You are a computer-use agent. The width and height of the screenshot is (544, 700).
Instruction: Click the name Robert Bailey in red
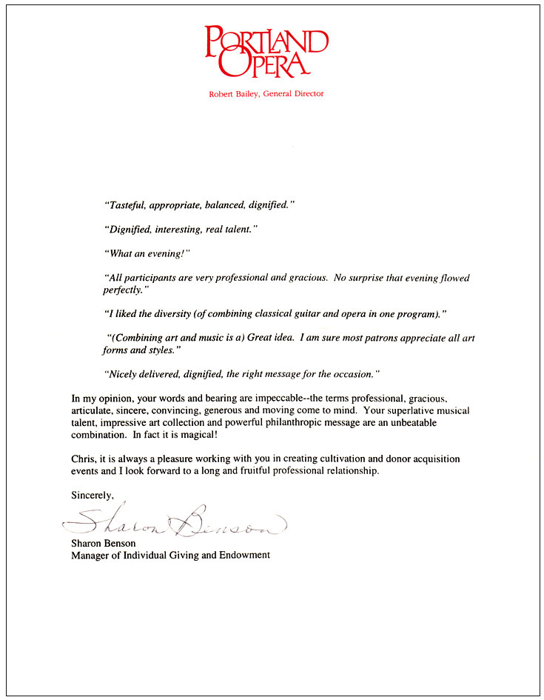coord(235,94)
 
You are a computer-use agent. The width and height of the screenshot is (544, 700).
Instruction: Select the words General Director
coord(294,94)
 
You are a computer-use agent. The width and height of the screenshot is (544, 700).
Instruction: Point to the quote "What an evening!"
coord(147,253)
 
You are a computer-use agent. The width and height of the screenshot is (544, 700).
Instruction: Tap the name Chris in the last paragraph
coord(83,459)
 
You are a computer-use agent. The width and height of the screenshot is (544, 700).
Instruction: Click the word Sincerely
coord(93,494)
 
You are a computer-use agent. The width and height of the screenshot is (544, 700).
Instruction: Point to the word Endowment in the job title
coord(241,555)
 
